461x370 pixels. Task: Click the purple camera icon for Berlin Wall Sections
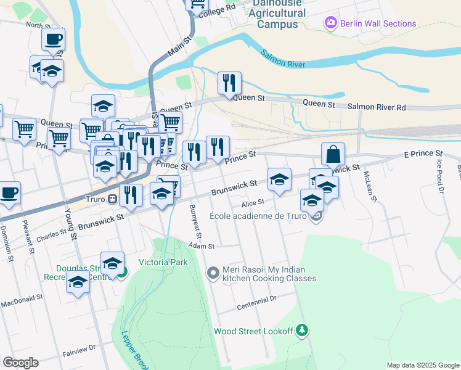click(331, 23)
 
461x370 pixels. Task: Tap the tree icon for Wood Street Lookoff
click(301, 331)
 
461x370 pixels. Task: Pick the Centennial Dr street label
click(257, 303)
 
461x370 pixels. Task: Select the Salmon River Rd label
click(377, 107)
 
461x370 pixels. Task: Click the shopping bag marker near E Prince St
click(333, 154)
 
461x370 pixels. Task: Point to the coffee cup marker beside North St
click(53, 39)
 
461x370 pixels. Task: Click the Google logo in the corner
click(20, 363)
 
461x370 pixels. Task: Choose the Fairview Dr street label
click(80, 351)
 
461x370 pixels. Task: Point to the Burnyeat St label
click(196, 221)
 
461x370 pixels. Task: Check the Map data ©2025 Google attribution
click(422, 365)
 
